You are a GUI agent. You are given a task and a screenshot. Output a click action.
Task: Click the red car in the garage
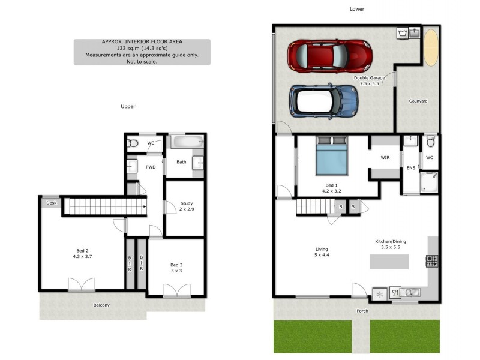(x=329, y=55)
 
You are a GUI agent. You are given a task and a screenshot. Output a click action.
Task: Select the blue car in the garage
(x=324, y=100)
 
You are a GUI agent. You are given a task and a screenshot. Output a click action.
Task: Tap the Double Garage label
(x=369, y=80)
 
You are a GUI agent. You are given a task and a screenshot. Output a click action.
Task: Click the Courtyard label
(x=418, y=101)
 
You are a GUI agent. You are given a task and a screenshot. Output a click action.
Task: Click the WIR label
(x=385, y=158)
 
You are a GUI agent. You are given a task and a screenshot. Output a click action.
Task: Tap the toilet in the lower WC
(x=430, y=143)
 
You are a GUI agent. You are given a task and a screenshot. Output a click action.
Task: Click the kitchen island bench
(x=389, y=262)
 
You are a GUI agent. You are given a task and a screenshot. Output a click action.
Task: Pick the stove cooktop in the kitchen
(x=432, y=261)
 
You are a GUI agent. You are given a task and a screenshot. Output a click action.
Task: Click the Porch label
(x=362, y=311)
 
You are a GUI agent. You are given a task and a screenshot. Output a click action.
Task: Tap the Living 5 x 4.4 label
(x=322, y=252)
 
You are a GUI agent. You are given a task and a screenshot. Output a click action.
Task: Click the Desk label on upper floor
(x=51, y=203)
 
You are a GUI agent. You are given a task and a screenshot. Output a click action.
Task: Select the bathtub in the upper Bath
(x=187, y=142)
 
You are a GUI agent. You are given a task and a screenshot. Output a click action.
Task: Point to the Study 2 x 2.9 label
(x=186, y=207)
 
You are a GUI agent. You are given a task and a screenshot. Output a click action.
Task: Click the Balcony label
(x=101, y=305)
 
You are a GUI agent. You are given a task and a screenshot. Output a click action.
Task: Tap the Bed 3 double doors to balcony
(x=177, y=290)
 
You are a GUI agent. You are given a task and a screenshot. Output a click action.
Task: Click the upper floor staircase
(x=106, y=206)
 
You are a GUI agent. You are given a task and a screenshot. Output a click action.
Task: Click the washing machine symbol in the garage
(x=402, y=33)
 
